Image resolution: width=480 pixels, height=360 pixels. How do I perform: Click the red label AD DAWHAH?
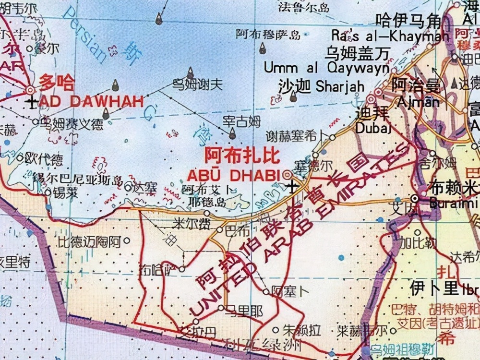91,101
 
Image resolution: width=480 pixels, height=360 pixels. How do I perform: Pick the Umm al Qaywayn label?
326,68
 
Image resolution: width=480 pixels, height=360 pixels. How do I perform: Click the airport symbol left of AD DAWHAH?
32,102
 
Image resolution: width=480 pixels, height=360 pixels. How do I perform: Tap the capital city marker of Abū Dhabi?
287,174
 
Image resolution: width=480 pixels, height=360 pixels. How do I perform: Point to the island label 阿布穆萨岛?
268,34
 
